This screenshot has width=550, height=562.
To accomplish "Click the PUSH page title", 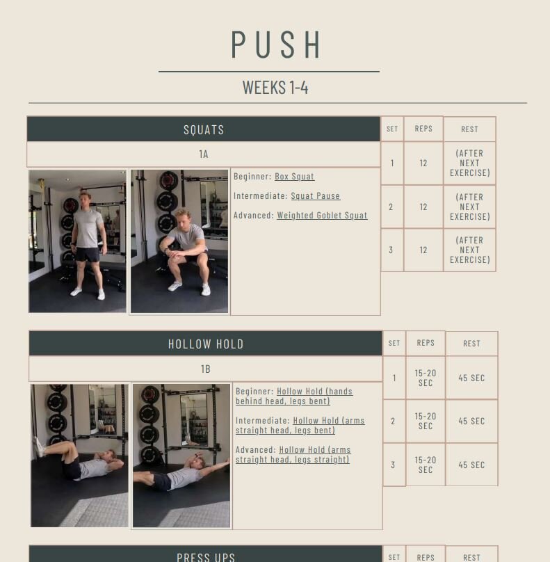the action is click(276, 45).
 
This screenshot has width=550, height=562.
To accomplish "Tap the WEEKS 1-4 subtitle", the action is click(275, 88).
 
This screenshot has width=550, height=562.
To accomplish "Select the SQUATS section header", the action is click(204, 129).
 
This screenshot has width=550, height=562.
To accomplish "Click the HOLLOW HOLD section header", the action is click(206, 344).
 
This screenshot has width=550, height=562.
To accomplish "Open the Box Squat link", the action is click(295, 177).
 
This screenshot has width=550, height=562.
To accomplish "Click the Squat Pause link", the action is click(315, 195).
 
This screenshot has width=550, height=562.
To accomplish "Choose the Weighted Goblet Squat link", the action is click(322, 215).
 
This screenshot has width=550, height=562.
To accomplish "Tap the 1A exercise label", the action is click(204, 154).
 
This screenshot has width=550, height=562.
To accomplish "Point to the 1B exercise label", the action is click(206, 369).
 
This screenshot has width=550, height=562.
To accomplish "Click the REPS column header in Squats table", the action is click(423, 129).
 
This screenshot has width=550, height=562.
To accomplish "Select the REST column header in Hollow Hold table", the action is click(471, 344).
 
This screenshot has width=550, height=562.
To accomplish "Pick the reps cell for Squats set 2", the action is click(423, 207).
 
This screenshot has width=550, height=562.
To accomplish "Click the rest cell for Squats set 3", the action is click(470, 250).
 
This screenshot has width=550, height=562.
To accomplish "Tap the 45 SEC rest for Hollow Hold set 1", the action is click(471, 378).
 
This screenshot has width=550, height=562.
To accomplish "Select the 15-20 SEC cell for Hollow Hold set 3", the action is click(426, 465).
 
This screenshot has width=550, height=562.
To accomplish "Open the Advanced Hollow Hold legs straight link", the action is click(293, 454).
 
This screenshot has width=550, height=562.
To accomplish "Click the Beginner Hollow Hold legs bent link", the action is click(294, 396).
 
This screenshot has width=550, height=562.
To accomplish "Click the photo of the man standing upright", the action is click(77, 241).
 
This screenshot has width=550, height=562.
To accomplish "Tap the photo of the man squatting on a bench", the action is click(179, 241).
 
